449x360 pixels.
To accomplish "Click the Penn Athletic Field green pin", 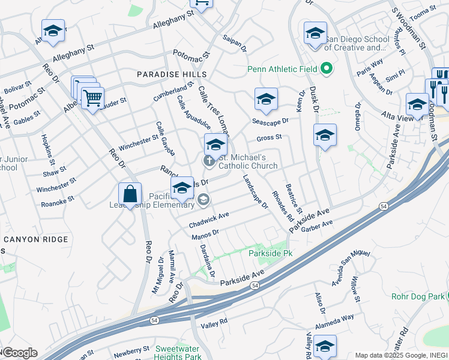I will (x=327, y=68).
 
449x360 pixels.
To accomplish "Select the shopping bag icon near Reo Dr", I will (x=130, y=194).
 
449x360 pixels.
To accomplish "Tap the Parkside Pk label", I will (x=270, y=254).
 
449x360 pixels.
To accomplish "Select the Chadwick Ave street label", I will (x=209, y=220).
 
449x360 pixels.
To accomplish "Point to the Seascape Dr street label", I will (x=270, y=120).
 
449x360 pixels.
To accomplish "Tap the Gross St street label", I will (x=269, y=137).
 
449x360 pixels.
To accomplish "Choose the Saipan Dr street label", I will (x=235, y=43).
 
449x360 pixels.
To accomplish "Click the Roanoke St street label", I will (x=57, y=201).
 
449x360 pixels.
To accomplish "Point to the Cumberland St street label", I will (x=173, y=94).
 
